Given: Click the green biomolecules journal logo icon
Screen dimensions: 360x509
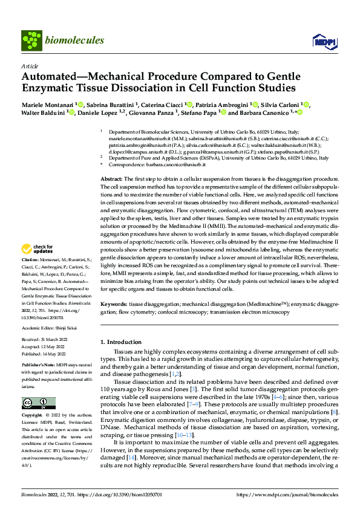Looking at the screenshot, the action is click(x=31, y=41).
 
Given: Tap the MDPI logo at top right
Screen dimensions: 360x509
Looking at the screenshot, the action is click(x=321, y=41).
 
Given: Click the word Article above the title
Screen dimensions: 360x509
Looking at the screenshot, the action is click(x=29, y=66).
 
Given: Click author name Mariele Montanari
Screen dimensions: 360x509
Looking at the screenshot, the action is click(x=44, y=104).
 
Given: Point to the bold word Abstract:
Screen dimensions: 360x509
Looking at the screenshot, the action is click(x=111, y=180).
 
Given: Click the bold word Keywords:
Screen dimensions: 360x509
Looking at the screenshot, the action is click(x=114, y=305).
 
